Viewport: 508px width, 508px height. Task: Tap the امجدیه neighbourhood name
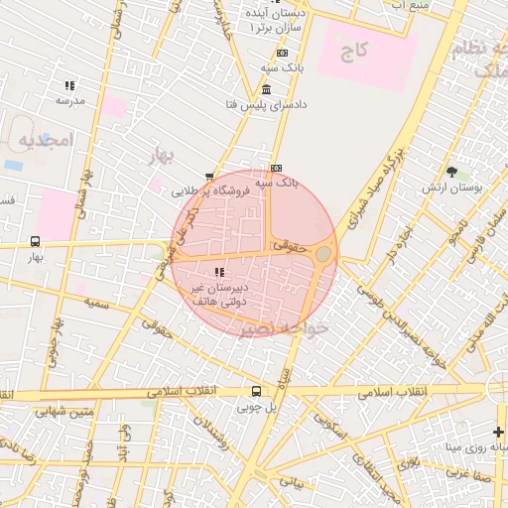tap(45, 141)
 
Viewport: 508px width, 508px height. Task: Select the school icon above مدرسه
tap(69, 86)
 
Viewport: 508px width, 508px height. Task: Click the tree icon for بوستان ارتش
tap(451, 172)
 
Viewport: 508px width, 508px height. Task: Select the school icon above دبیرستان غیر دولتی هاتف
tap(219, 272)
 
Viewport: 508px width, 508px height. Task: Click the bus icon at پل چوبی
tap(256, 391)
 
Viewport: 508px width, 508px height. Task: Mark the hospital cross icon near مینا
tap(499, 431)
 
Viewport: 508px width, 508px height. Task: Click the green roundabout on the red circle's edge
tap(324, 255)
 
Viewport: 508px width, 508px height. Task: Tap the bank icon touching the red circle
tap(276, 168)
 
